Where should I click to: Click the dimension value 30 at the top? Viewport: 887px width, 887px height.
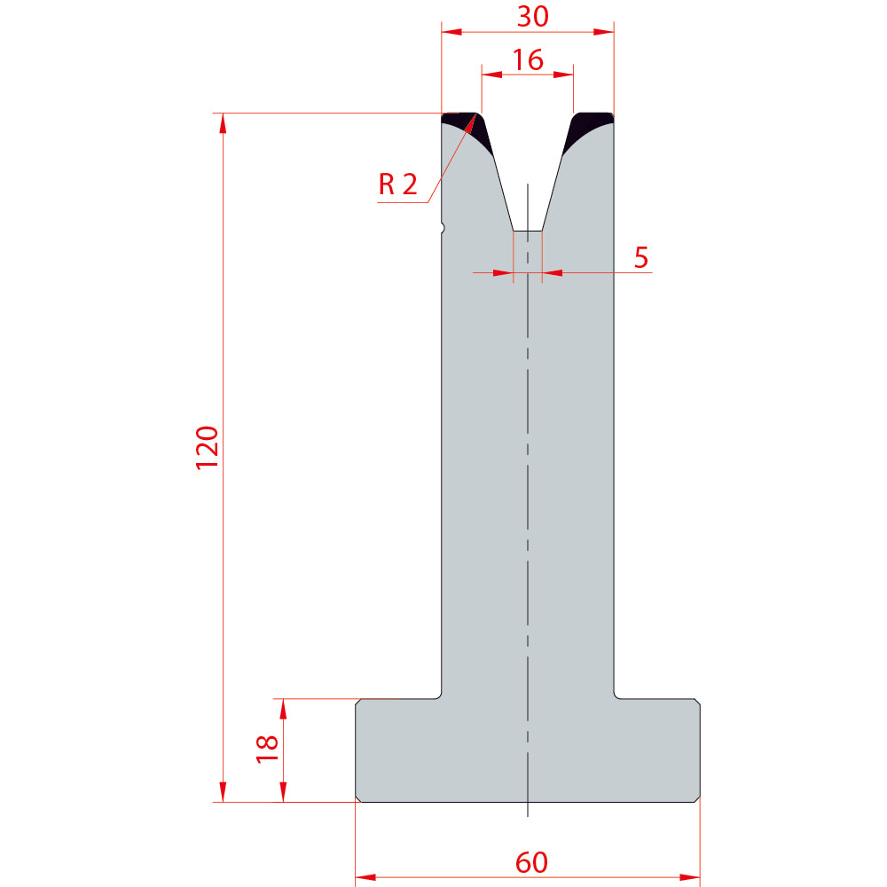tap(532, 16)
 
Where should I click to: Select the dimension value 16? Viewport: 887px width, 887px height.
tap(528, 60)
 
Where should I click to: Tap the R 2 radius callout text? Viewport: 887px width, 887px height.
tap(397, 184)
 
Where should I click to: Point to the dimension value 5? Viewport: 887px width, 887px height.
tap(641, 257)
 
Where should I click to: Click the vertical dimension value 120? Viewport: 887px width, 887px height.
tap(207, 447)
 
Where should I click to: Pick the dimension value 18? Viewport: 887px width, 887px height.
tap(267, 749)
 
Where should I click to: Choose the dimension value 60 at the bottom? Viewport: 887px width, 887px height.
tap(531, 863)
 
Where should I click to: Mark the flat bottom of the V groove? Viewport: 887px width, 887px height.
tap(527, 231)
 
